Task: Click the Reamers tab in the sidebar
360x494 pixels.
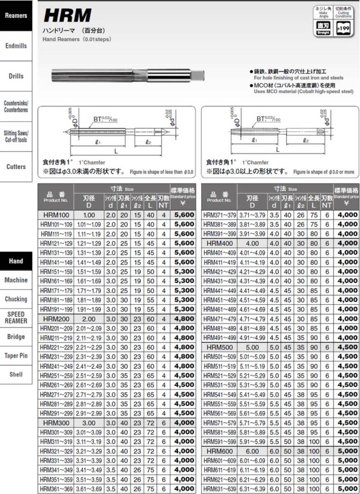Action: click(x=16, y=16)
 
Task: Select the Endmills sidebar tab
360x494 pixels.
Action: click(x=16, y=46)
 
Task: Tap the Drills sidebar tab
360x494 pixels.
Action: click(x=16, y=76)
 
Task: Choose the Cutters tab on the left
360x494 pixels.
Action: click(x=16, y=167)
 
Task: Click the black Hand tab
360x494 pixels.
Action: click(x=16, y=261)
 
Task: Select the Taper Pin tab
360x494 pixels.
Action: click(x=16, y=356)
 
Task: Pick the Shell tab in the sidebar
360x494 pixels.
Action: click(x=16, y=375)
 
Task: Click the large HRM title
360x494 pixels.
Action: click(x=68, y=16)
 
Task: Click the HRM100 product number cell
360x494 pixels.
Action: click(x=56, y=215)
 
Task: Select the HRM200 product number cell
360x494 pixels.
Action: click(x=56, y=319)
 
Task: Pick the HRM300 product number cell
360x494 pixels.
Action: click(x=56, y=423)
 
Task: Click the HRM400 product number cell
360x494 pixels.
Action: click(x=220, y=243)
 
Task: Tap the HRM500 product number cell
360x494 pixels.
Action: click(x=220, y=347)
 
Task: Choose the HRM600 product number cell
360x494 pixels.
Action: click(x=220, y=451)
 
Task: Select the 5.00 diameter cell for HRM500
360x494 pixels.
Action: click(x=252, y=347)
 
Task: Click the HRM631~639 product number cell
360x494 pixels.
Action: click(x=220, y=489)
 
